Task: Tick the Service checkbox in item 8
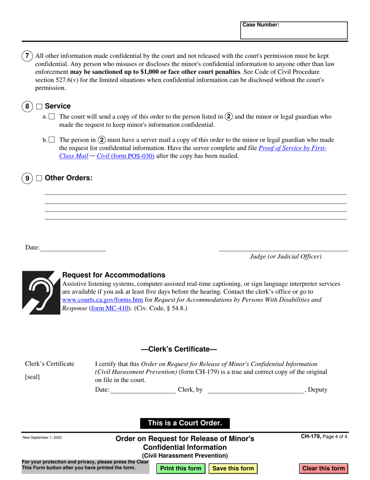pyautogui.click(x=39, y=106)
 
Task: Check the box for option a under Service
pyautogui.click(x=52, y=116)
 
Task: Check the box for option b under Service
pyautogui.click(x=52, y=140)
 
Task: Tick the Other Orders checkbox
pyautogui.click(x=39, y=178)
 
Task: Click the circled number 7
pyautogui.click(x=27, y=56)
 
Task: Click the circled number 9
pyautogui.click(x=27, y=179)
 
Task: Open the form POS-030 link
pyautogui.click(x=133, y=156)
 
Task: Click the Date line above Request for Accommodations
pyautogui.click(x=73, y=247)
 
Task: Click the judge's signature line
pyautogui.click(x=283, y=247)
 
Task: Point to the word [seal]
pyautogui.click(x=32, y=377)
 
